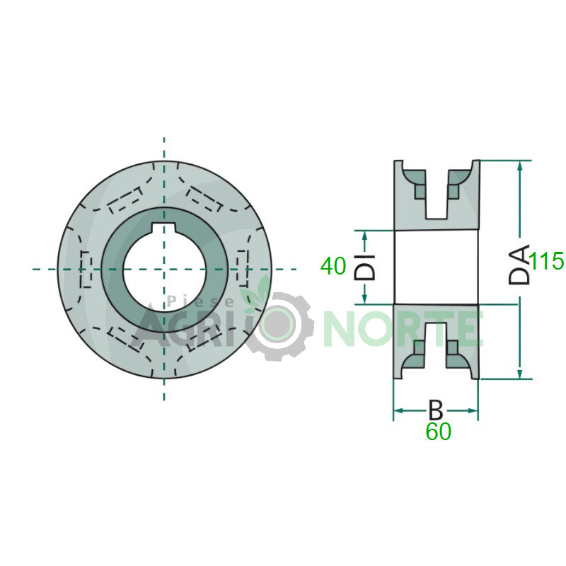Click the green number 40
333,266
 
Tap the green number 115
547,260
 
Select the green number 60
438,431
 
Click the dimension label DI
364,267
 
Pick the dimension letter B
435,410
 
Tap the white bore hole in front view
164,270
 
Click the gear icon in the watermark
277,325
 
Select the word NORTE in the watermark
403,328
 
